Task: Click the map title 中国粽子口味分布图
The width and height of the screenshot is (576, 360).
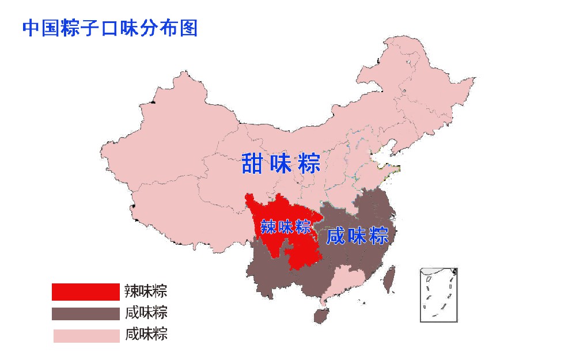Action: click(109, 28)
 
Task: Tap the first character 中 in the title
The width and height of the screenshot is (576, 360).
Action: click(31, 28)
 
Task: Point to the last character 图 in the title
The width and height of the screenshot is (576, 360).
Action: click(188, 28)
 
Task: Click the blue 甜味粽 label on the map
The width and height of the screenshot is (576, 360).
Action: click(281, 164)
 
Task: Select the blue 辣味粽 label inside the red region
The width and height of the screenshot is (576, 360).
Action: click(286, 226)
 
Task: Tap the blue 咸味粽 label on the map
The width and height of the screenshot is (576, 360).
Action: click(357, 236)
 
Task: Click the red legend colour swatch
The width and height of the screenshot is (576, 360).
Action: click(85, 292)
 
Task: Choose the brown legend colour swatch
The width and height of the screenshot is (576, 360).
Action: click(85, 313)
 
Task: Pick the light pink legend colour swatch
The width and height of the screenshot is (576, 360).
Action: click(85, 335)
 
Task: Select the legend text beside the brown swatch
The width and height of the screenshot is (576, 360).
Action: click(146, 313)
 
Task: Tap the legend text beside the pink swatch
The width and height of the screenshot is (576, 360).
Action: click(146, 334)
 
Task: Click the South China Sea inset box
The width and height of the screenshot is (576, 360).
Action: click(438, 294)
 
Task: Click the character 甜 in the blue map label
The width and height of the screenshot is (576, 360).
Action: click(253, 164)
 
